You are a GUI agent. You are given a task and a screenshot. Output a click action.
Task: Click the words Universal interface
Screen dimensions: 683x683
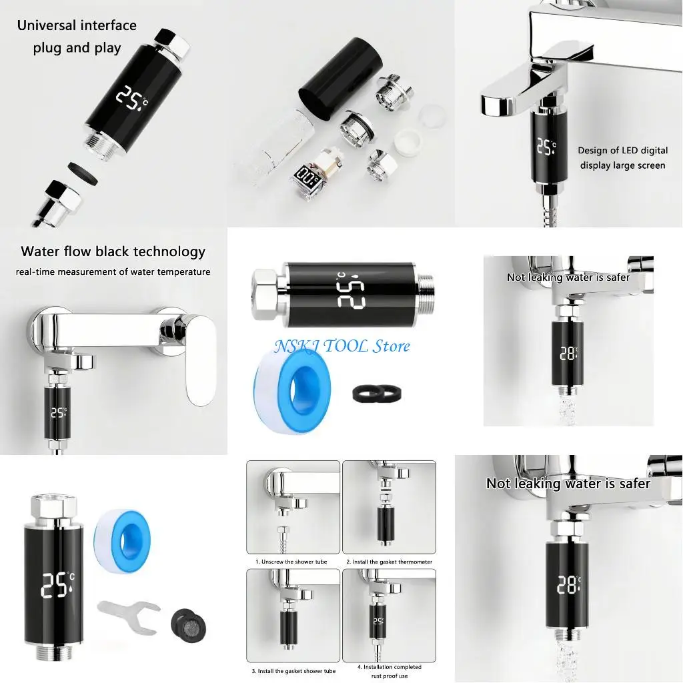point(77,26)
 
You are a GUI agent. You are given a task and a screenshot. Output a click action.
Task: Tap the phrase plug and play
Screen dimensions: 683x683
point(77,48)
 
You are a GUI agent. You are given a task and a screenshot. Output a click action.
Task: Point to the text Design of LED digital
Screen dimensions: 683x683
point(622,151)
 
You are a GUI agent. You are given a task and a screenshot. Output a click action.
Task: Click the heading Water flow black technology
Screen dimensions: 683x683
point(113,251)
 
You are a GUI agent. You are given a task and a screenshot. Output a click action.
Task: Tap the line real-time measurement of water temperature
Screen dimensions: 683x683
point(113,271)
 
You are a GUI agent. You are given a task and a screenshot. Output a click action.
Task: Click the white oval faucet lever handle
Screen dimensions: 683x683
point(201,364)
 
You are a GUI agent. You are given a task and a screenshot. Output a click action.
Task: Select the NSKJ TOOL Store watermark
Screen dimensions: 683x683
point(341,346)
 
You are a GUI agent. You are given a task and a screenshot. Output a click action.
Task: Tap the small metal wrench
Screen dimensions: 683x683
point(128,612)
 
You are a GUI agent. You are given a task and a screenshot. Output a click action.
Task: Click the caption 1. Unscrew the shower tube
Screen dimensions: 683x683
point(291,562)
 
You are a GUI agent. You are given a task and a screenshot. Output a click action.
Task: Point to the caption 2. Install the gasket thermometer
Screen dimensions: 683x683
point(389,562)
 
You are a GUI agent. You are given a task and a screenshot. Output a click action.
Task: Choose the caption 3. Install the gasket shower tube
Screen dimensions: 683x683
point(293,671)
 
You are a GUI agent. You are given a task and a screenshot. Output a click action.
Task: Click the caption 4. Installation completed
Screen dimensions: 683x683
point(389,666)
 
